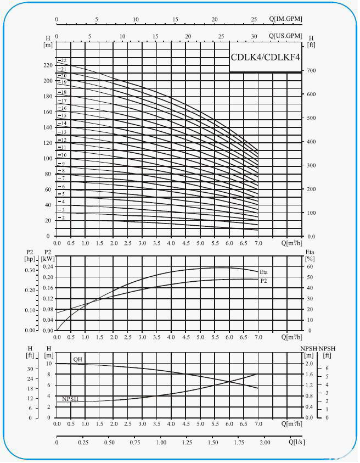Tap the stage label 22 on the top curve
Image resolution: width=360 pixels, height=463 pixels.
63,60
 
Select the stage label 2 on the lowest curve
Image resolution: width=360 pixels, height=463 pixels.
63,218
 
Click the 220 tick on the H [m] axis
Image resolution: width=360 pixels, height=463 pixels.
48,65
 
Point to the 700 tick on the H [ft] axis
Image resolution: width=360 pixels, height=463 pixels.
311,71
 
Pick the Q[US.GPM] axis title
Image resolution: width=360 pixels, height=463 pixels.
285,36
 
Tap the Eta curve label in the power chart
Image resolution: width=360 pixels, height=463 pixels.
263,272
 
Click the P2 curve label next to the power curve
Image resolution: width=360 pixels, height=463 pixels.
263,281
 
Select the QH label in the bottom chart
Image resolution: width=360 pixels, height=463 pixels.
77,359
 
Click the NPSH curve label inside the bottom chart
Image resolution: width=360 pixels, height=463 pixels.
70,399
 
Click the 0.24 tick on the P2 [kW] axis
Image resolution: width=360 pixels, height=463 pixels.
48,267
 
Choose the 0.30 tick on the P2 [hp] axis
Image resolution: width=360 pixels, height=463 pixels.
29,270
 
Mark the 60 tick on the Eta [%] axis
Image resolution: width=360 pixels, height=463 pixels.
310,267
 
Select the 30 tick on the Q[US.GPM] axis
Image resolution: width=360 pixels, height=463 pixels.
254,36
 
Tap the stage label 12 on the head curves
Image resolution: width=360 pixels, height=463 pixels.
63,140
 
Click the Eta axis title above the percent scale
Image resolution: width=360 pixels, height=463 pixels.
310,252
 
